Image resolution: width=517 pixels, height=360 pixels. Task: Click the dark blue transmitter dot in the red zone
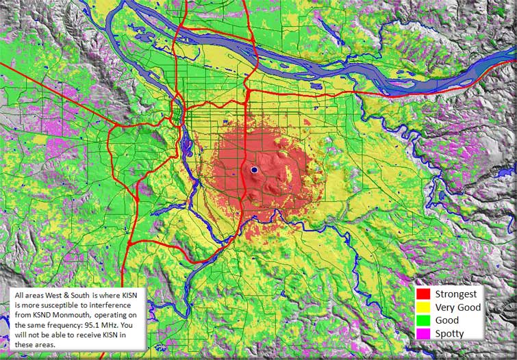click(x=253, y=169)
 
